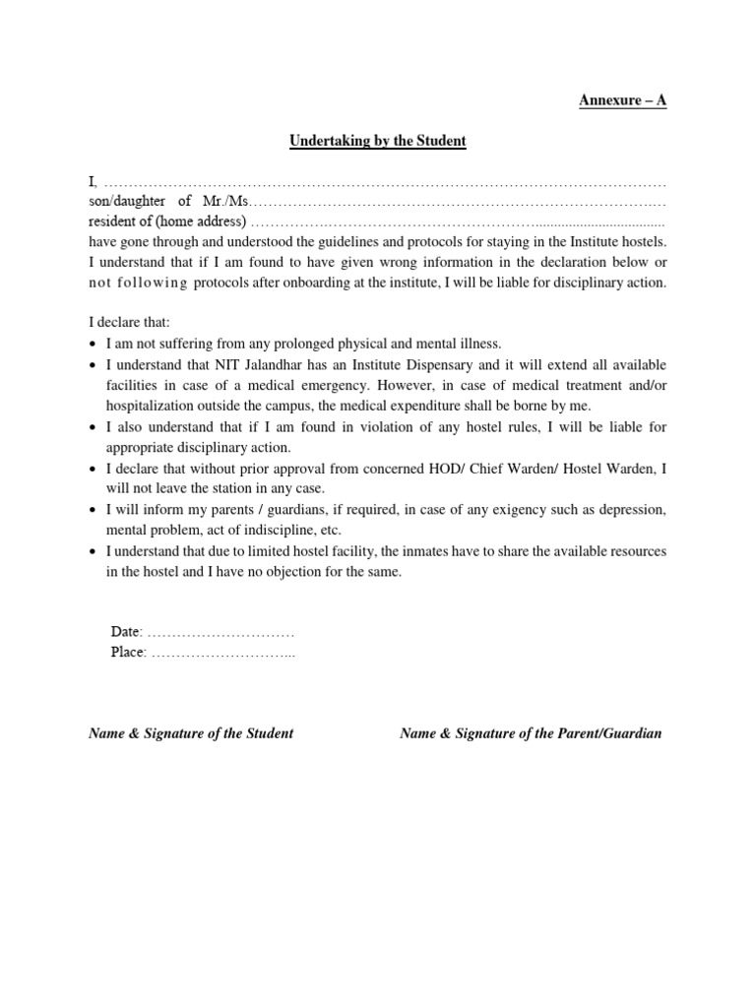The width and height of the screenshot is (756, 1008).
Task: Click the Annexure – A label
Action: pos(621,101)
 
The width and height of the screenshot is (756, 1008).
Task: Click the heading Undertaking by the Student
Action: pos(377,141)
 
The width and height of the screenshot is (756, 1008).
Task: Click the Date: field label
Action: pos(127,631)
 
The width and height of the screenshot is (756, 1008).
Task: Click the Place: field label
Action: pos(129,653)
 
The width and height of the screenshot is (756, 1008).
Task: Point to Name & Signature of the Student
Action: pos(191,733)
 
